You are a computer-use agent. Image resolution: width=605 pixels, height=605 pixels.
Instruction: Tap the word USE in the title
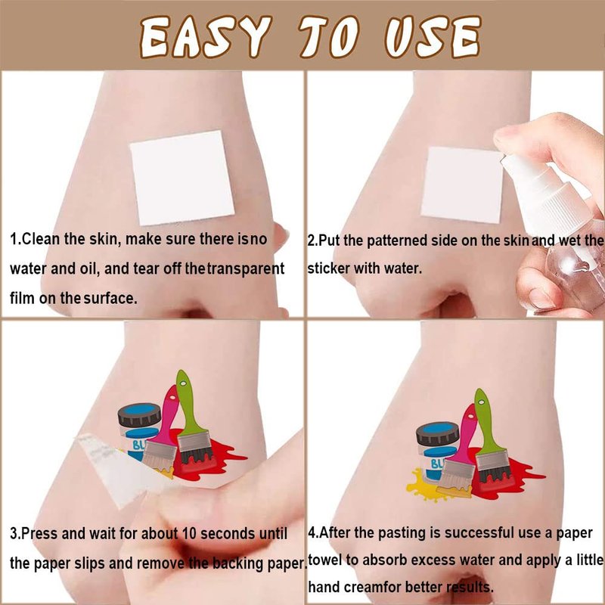pos(433,37)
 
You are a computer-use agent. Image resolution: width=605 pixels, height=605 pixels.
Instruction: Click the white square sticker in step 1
pos(182,178)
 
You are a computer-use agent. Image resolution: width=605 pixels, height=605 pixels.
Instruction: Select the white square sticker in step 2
pos(462,185)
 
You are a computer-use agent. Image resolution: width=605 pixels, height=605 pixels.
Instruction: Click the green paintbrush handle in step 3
pos(188,401)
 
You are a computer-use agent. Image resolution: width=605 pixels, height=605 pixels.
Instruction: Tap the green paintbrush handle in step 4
pos(487,421)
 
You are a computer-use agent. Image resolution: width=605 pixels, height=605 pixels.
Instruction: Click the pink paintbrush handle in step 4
pos(465,432)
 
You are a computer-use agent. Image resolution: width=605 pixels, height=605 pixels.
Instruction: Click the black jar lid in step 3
pos(139,414)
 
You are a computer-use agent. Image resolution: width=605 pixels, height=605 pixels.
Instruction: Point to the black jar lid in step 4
pos(438,433)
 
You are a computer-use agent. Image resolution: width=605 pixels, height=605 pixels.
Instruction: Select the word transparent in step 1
pos(247,268)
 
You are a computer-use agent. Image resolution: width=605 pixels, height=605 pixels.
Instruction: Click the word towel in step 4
pos(325,560)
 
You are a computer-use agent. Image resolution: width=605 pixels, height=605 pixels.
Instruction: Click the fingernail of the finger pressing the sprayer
pos(504,135)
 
